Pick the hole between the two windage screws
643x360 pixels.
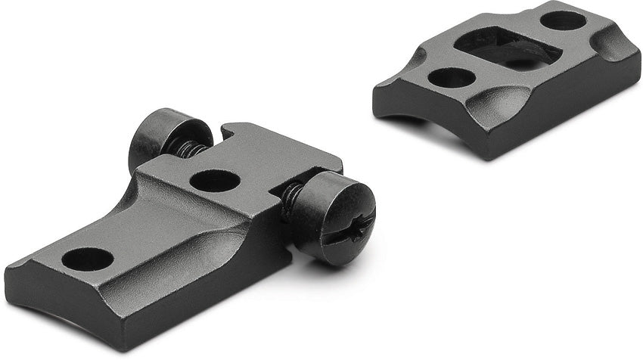pyautogui.click(x=215, y=180)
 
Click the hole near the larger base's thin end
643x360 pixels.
pyautogui.click(x=87, y=259)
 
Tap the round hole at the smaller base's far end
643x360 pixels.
pyautogui.click(x=563, y=20)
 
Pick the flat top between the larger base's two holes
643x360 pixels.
pyautogui.click(x=159, y=219)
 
